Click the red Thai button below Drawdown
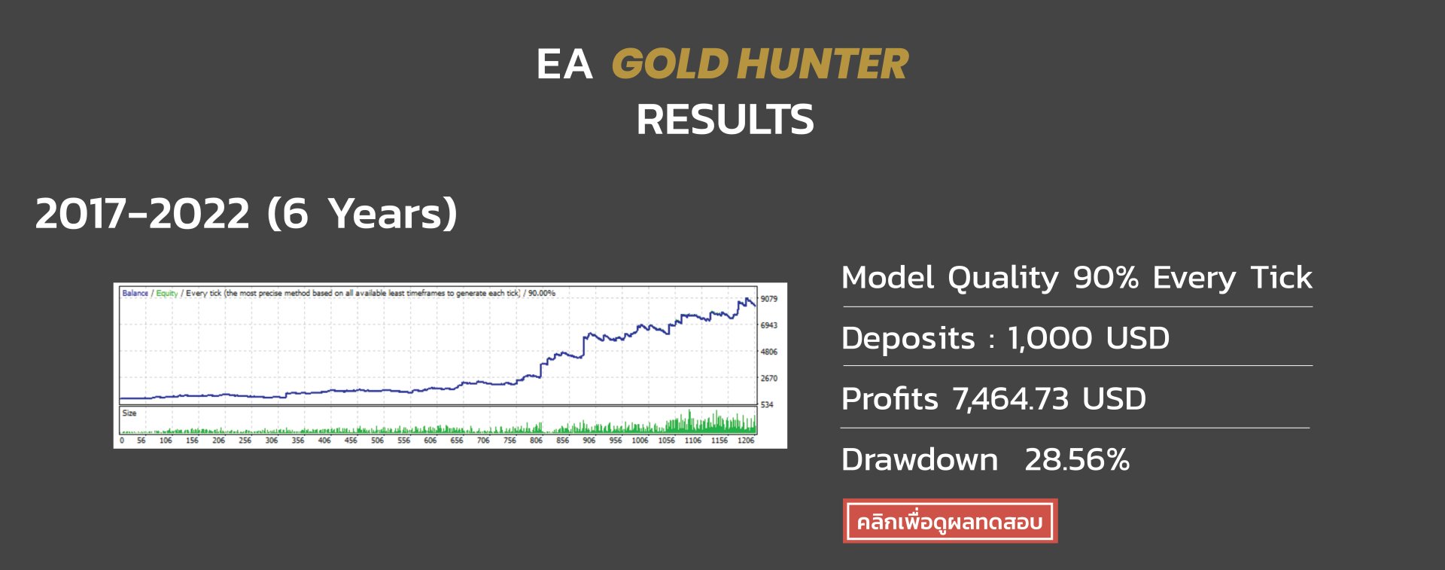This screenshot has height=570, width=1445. click(x=950, y=521)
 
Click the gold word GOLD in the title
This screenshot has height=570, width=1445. click(x=670, y=64)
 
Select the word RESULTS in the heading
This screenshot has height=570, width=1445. click(x=725, y=120)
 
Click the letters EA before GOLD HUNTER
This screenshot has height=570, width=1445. click(x=564, y=64)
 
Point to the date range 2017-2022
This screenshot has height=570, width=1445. click(x=142, y=214)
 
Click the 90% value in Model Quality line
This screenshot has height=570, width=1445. click(x=1106, y=278)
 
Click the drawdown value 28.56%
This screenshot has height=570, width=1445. click(x=1077, y=460)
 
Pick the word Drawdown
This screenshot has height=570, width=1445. click(x=920, y=460)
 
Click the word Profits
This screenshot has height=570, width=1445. click(x=890, y=399)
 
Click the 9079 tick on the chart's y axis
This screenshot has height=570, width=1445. click(x=768, y=299)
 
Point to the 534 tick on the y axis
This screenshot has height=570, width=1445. click(x=767, y=404)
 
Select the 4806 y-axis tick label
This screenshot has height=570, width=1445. click(x=768, y=352)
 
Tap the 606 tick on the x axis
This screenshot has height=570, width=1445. click(x=430, y=440)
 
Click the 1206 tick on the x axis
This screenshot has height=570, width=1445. click(x=746, y=440)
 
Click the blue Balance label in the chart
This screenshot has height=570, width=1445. click(x=135, y=294)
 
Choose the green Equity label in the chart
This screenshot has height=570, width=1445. click(x=167, y=294)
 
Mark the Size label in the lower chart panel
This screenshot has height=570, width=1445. click(x=129, y=413)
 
